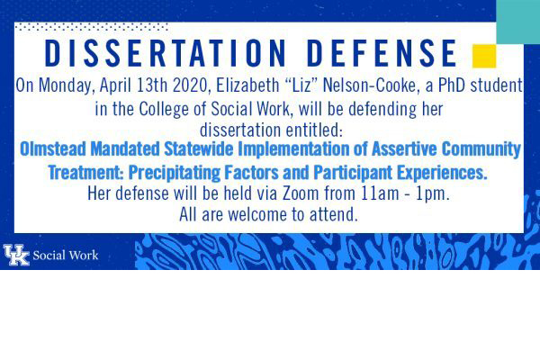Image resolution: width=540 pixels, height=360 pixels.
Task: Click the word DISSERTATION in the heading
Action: click(x=165, y=53)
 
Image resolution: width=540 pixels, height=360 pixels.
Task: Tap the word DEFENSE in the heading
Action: click(x=382, y=53)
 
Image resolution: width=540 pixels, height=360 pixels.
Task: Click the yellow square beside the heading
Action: click(x=484, y=56)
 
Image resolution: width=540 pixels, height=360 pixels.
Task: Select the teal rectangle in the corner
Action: click(x=518, y=22)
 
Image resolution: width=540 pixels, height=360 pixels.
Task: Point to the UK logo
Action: click(x=16, y=255)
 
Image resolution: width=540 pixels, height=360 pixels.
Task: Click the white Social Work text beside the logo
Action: click(x=66, y=256)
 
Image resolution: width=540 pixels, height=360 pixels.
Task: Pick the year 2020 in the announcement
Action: click(x=192, y=85)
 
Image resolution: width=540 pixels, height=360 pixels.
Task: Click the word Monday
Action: click(x=67, y=85)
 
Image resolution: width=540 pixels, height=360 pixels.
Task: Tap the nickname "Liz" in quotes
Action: click(x=301, y=85)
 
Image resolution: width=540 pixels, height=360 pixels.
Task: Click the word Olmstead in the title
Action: click(x=52, y=148)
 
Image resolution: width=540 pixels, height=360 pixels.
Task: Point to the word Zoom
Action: click(x=301, y=193)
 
